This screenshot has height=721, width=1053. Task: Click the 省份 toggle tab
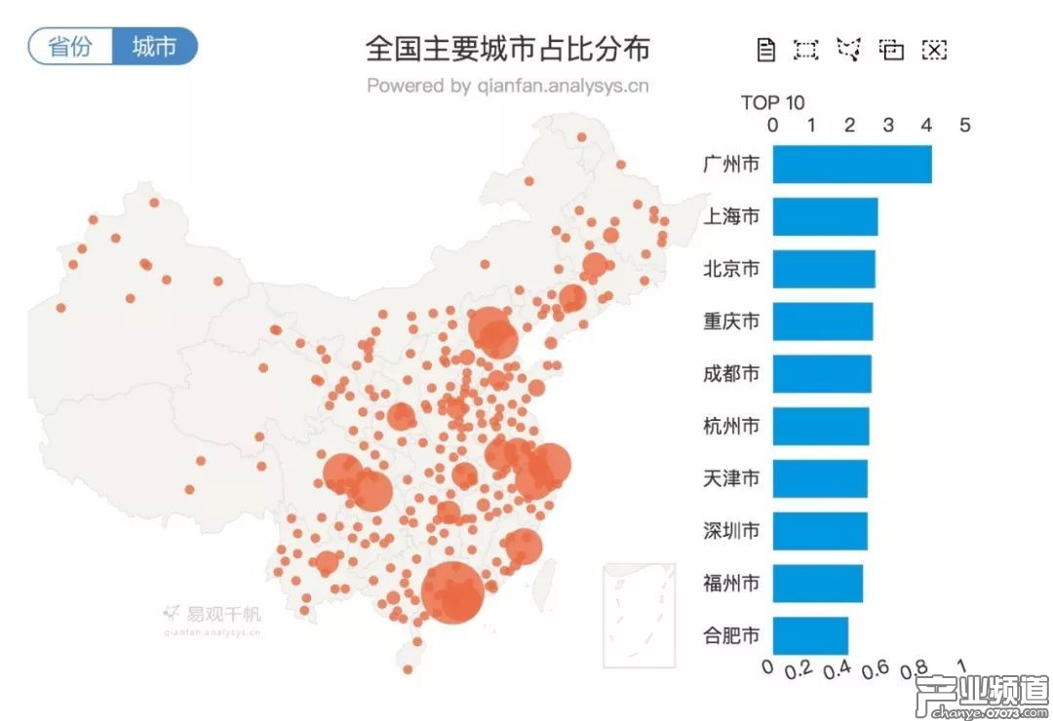tap(71, 47)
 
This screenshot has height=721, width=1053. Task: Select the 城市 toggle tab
tap(154, 47)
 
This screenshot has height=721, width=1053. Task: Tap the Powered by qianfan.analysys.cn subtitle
tap(507, 86)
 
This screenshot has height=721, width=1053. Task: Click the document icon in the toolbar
tap(766, 50)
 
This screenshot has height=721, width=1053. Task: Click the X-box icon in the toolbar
tap(934, 50)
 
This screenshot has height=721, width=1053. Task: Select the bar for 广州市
tap(852, 164)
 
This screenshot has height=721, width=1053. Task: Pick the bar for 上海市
tap(825, 216)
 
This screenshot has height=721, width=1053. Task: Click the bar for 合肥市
tap(810, 636)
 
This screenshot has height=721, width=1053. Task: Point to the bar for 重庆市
tap(823, 322)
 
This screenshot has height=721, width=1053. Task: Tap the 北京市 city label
tap(731, 269)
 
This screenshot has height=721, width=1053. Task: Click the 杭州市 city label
tap(731, 426)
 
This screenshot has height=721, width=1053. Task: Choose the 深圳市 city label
tap(731, 531)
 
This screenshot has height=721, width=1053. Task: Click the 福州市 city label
tap(731, 584)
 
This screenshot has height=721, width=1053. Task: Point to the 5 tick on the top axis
tap(964, 126)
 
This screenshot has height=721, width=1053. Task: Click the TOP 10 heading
tap(772, 102)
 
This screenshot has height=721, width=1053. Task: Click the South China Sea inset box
tap(639, 614)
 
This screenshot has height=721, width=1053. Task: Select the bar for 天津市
tap(820, 478)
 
